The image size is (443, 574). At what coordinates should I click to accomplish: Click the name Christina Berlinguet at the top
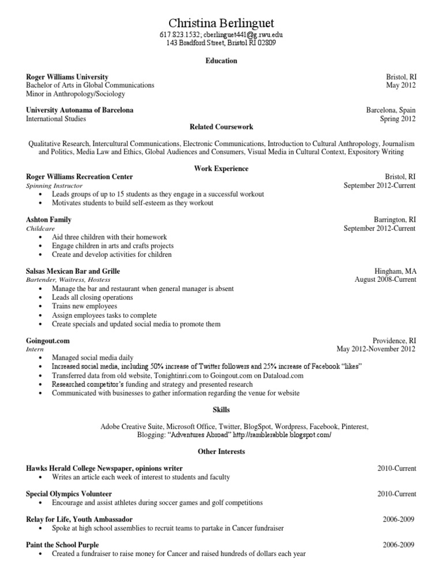[221, 23]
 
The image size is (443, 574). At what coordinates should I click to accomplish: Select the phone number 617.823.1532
[179, 35]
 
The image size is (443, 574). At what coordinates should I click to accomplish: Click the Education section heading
[221, 61]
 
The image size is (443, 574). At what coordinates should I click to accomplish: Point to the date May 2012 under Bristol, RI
[401, 85]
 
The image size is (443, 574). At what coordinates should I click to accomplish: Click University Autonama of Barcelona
[80, 110]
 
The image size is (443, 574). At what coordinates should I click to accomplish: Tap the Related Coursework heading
[221, 127]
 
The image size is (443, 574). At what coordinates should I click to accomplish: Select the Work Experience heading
[221, 169]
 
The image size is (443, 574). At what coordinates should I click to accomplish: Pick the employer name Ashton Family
[49, 220]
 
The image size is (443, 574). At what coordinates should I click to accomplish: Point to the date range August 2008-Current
[385, 279]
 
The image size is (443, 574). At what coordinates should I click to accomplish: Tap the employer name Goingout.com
[48, 341]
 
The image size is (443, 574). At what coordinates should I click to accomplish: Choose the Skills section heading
[221, 409]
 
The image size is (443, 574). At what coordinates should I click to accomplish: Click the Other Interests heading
[221, 451]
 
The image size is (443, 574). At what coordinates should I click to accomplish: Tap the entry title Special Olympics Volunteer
[69, 494]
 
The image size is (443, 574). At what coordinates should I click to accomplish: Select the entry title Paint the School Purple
[62, 545]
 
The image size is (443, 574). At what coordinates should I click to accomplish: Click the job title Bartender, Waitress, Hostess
[68, 279]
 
